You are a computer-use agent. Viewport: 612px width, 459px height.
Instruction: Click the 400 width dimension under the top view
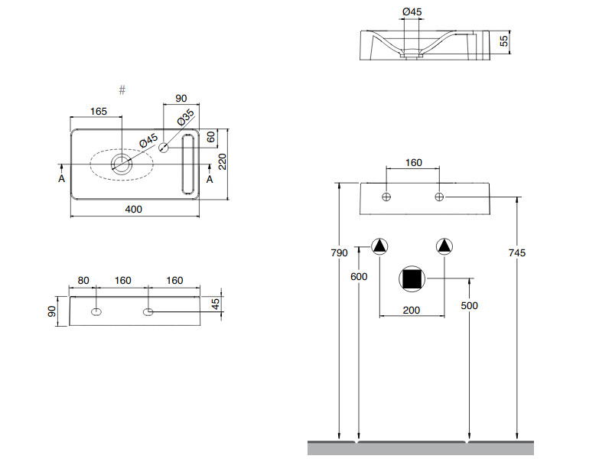point(135,209)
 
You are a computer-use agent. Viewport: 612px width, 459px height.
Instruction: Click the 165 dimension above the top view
point(99,112)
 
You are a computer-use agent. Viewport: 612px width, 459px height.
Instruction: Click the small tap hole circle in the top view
point(163,147)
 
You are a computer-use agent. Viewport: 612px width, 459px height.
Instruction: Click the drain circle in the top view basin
point(121,162)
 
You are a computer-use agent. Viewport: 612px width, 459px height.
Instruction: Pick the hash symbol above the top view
point(122,90)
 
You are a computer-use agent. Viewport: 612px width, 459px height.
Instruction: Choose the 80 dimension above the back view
point(83,281)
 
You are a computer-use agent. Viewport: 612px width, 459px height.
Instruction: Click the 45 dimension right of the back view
point(216,303)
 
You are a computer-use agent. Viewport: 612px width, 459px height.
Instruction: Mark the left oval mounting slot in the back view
point(96,311)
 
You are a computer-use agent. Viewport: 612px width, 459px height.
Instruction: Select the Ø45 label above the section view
point(412,11)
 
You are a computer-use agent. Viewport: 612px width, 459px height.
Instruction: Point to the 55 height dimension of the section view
point(504,41)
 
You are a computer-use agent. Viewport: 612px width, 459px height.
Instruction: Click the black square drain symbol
point(412,279)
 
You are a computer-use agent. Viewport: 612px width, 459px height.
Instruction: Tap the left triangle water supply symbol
point(380,246)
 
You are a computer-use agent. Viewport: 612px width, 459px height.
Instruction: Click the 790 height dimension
point(339,252)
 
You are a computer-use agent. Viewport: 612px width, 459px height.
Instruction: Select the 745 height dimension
point(517,252)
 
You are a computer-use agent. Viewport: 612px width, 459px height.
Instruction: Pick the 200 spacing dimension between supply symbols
point(412,309)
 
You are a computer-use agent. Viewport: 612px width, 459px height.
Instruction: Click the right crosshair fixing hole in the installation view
point(440,197)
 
